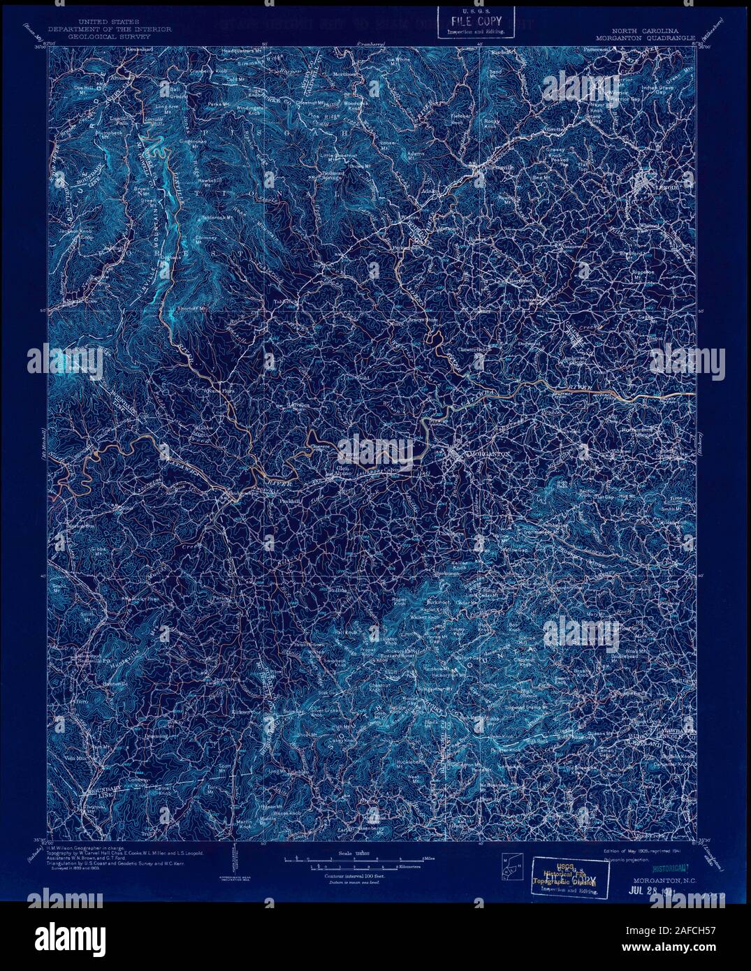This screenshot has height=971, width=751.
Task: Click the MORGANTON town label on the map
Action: (x=489, y=453)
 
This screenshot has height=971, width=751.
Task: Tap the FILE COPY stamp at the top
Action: (x=475, y=21)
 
